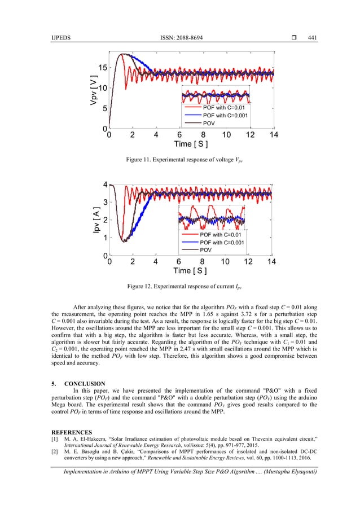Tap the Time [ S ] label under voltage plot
point(191,144)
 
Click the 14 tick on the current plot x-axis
point(271,262)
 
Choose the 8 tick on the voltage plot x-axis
point(203,135)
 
